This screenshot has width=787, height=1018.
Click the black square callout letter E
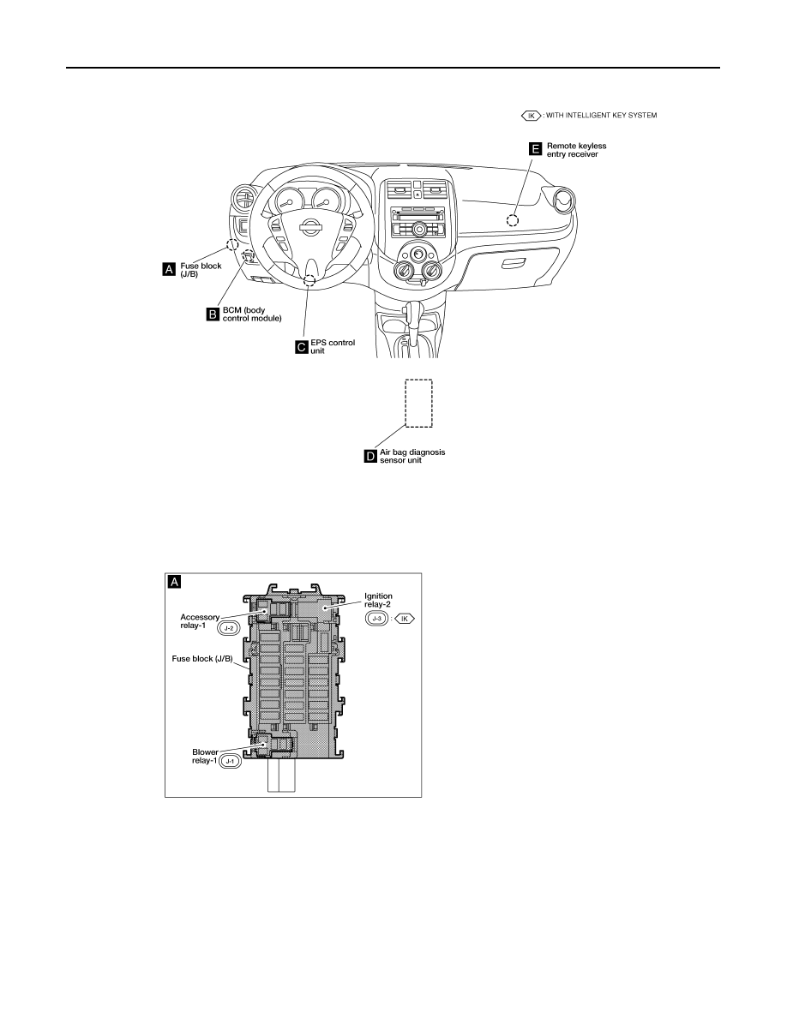[536, 149]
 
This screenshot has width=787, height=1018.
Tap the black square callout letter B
[213, 314]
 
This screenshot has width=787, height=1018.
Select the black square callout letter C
[302, 347]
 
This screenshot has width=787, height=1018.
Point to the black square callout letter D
[370, 457]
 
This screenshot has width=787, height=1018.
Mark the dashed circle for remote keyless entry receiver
[513, 220]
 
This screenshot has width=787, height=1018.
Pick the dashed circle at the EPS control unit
[309, 280]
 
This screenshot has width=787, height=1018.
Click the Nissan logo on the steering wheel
[309, 227]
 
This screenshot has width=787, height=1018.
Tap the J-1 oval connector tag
[230, 761]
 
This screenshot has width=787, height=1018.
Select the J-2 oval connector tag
[229, 628]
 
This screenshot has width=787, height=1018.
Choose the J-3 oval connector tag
[376, 619]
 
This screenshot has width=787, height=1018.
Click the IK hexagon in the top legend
[532, 116]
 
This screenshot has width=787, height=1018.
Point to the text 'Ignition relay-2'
[378, 600]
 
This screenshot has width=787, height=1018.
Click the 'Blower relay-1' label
[205, 757]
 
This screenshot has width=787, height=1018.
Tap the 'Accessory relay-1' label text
[200, 621]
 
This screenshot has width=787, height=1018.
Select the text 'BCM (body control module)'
[252, 314]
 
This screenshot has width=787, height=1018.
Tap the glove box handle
[514, 262]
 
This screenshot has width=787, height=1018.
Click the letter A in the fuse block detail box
[174, 582]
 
